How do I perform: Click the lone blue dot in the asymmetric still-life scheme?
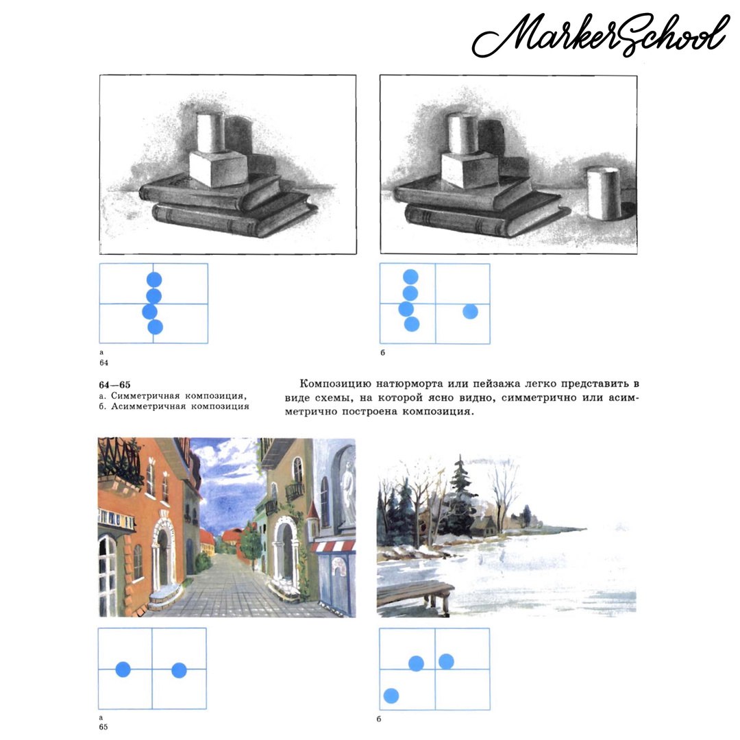coord(470,312)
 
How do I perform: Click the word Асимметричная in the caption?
coord(146,406)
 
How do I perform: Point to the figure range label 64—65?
coord(114,384)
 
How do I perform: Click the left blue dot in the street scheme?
coord(123,669)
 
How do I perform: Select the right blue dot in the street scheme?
coord(179,670)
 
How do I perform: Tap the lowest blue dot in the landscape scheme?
coord(391,695)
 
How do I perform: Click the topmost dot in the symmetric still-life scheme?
coord(154,280)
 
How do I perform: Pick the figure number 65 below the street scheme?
coord(103,727)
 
